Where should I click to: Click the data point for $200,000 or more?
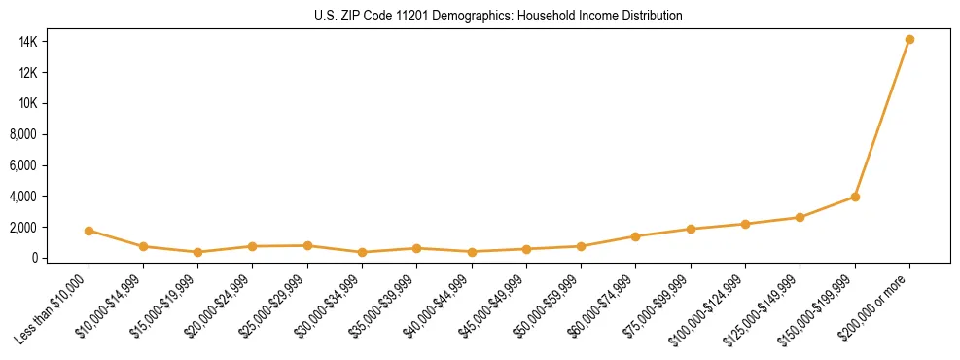click(909, 40)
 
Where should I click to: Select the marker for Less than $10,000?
click(89, 231)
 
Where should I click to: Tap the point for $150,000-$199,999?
click(855, 197)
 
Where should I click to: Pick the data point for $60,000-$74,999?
click(635, 236)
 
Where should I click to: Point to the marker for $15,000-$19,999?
click(197, 252)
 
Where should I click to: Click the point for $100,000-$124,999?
click(745, 224)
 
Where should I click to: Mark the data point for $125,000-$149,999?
click(800, 217)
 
